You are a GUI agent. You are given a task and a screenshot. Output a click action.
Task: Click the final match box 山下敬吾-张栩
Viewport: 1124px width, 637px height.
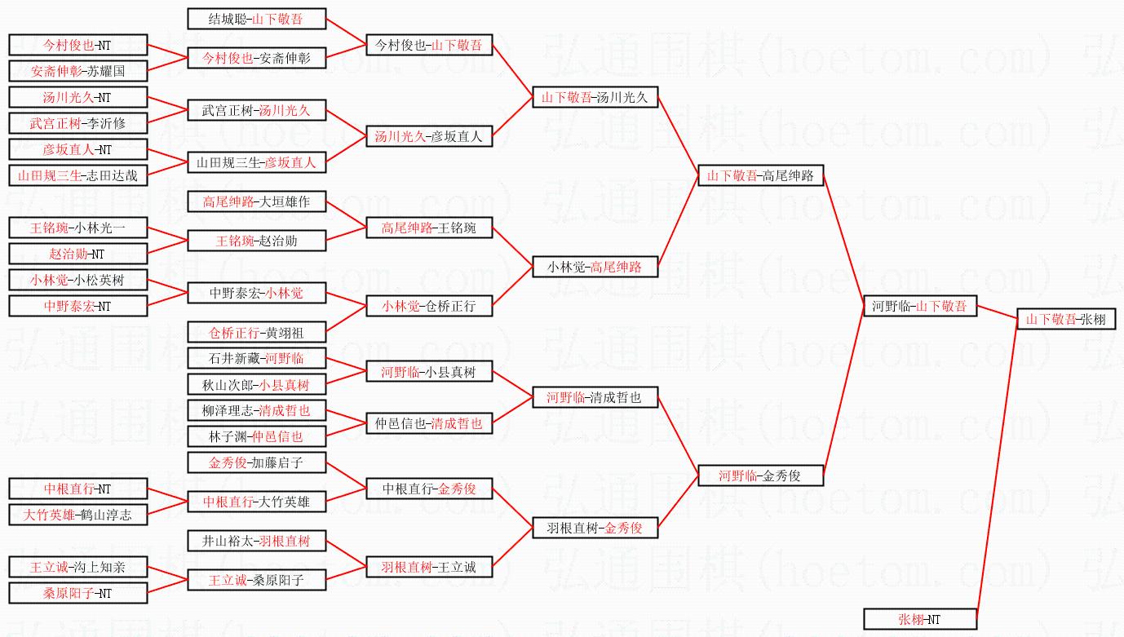(x=1066, y=319)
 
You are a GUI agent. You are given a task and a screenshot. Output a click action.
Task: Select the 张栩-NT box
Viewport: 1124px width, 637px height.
(x=920, y=619)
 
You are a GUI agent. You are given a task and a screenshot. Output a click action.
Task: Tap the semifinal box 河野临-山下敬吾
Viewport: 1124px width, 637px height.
(x=920, y=306)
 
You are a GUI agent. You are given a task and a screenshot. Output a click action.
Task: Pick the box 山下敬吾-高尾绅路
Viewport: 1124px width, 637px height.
(x=760, y=175)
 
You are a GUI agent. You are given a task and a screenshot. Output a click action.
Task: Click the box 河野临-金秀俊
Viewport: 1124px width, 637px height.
(x=760, y=476)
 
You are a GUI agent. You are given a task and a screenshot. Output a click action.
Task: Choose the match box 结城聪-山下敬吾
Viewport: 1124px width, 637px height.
(x=256, y=19)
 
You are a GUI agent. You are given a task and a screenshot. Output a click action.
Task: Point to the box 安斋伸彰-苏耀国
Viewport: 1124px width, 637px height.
(x=78, y=71)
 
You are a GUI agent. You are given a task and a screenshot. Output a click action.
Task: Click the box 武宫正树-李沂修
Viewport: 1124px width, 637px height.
(x=78, y=123)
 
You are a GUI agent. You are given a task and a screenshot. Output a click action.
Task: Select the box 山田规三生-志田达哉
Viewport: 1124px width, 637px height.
(x=78, y=175)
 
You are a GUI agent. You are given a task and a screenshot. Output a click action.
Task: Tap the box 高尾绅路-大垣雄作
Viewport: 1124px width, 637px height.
(x=256, y=201)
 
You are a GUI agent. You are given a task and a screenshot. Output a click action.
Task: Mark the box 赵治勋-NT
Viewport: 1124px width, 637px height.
(x=78, y=254)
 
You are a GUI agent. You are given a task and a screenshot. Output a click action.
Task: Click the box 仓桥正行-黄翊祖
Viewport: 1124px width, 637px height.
(x=256, y=332)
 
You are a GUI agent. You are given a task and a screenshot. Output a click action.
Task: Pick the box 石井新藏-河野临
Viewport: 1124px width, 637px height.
(x=256, y=358)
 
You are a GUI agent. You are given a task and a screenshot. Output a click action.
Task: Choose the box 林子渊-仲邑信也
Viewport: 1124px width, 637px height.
(x=256, y=436)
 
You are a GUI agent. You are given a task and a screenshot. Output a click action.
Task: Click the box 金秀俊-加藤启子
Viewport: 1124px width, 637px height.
(x=256, y=462)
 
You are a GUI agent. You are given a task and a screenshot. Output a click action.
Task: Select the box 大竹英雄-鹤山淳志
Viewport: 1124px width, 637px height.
(x=78, y=515)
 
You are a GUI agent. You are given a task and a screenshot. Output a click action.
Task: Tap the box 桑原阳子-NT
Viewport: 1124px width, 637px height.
(x=78, y=593)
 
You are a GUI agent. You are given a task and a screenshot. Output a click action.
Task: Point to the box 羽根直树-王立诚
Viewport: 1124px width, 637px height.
(x=429, y=567)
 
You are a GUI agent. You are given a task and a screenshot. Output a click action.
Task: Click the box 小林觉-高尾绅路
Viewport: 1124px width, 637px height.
(x=595, y=267)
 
